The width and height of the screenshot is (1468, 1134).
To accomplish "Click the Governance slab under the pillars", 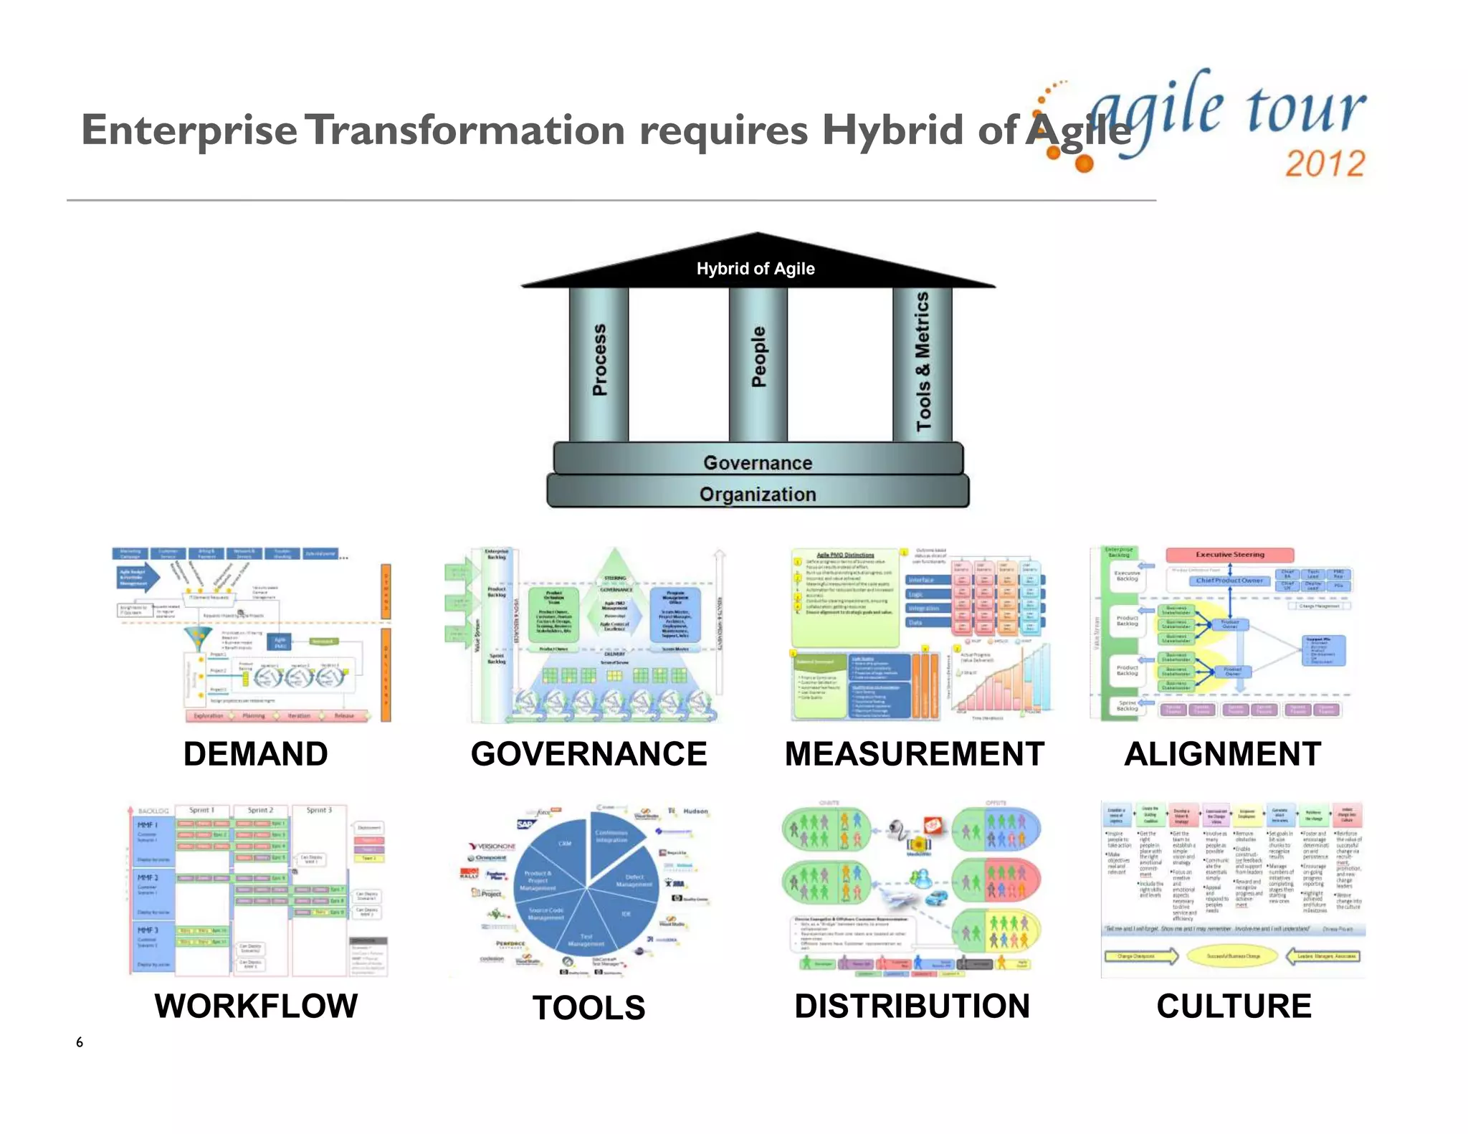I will coord(758,462).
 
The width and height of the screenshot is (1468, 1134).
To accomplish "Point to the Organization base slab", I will coord(758,494).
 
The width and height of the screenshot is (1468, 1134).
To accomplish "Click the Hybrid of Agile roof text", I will coord(756,269).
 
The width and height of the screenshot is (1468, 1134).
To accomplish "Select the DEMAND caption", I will coord(256,754).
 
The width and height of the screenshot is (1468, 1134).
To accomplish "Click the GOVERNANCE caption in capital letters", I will coord(588,754).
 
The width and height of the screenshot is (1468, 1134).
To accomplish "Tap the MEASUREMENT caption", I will coord(914,754).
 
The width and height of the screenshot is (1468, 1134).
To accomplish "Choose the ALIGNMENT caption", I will coord(1223,754).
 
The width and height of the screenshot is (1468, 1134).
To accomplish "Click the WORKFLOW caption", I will coord(256,1006).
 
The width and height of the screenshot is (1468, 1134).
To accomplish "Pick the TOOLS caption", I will coord(588,1008).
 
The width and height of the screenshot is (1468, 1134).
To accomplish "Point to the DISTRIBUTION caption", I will coord(912,1006).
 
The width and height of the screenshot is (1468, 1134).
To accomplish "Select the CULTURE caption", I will coord(1234,1006).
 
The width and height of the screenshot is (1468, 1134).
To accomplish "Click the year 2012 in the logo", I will coord(1325,163).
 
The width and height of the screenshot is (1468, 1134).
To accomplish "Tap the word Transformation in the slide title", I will coord(467,130).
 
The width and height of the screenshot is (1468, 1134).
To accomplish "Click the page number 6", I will coord(80,1042).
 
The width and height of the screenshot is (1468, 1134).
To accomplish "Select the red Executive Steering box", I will coord(1229,555).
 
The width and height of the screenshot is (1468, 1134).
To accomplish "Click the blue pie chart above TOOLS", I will coord(586,889).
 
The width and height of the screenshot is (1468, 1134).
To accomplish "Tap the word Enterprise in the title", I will coord(189,130).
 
